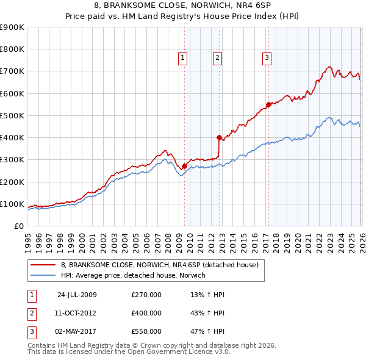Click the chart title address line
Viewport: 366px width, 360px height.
183,7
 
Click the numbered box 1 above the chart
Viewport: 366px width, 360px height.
184,58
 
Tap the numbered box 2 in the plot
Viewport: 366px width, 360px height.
218,58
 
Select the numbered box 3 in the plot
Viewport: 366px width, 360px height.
267,58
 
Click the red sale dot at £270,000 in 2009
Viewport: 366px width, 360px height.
184,166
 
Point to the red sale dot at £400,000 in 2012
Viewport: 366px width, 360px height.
219,137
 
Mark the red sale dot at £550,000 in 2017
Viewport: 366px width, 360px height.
268,104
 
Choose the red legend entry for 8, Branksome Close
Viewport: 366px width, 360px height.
160,265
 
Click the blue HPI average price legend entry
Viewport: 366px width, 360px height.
133,275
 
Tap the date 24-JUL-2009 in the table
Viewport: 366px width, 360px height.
77,295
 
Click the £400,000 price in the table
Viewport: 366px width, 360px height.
146,313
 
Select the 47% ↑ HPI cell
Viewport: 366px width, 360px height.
207,331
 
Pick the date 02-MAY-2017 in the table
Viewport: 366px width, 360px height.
77,331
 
